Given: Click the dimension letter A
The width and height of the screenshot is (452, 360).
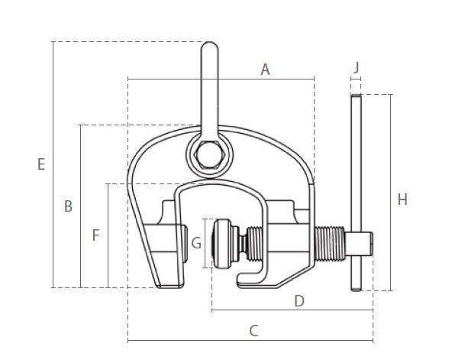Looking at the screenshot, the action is click(265, 70).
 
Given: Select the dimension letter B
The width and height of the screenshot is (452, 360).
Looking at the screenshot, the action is click(68, 206).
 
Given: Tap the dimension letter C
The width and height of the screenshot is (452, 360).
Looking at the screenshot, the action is click(253, 331).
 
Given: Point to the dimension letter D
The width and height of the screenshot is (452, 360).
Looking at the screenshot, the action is click(299, 301).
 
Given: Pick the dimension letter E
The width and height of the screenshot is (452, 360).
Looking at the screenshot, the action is click(41, 164).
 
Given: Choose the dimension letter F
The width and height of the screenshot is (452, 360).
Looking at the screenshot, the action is click(95, 235).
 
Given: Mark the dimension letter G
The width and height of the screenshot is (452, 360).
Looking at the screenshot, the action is click(196, 243).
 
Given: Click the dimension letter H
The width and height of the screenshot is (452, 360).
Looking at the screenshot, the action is click(402, 199).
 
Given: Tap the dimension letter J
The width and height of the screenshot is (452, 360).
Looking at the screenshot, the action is click(357, 67).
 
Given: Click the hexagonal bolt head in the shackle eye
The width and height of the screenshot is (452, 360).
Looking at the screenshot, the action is click(209, 155).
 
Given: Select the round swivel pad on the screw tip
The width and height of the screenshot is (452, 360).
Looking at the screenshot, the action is click(221, 244).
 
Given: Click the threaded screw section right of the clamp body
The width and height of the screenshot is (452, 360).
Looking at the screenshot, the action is click(330, 244).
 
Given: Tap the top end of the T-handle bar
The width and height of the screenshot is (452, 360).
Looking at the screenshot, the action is click(357, 96).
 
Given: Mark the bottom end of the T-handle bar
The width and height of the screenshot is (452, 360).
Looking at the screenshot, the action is click(357, 290).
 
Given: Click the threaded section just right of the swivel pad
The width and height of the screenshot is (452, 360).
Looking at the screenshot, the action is click(255, 244).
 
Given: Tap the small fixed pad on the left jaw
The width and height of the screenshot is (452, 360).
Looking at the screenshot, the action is click(185, 244).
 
